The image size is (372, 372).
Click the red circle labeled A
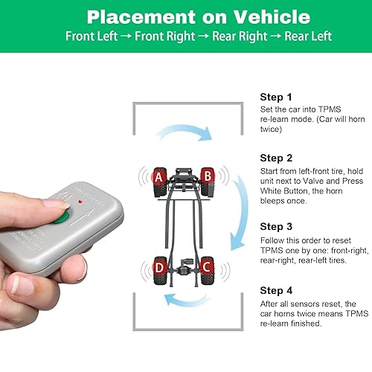158,177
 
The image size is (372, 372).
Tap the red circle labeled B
208,176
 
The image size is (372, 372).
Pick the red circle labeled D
158,265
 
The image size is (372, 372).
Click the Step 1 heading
275,97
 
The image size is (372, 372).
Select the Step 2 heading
275,158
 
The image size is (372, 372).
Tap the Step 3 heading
275,226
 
